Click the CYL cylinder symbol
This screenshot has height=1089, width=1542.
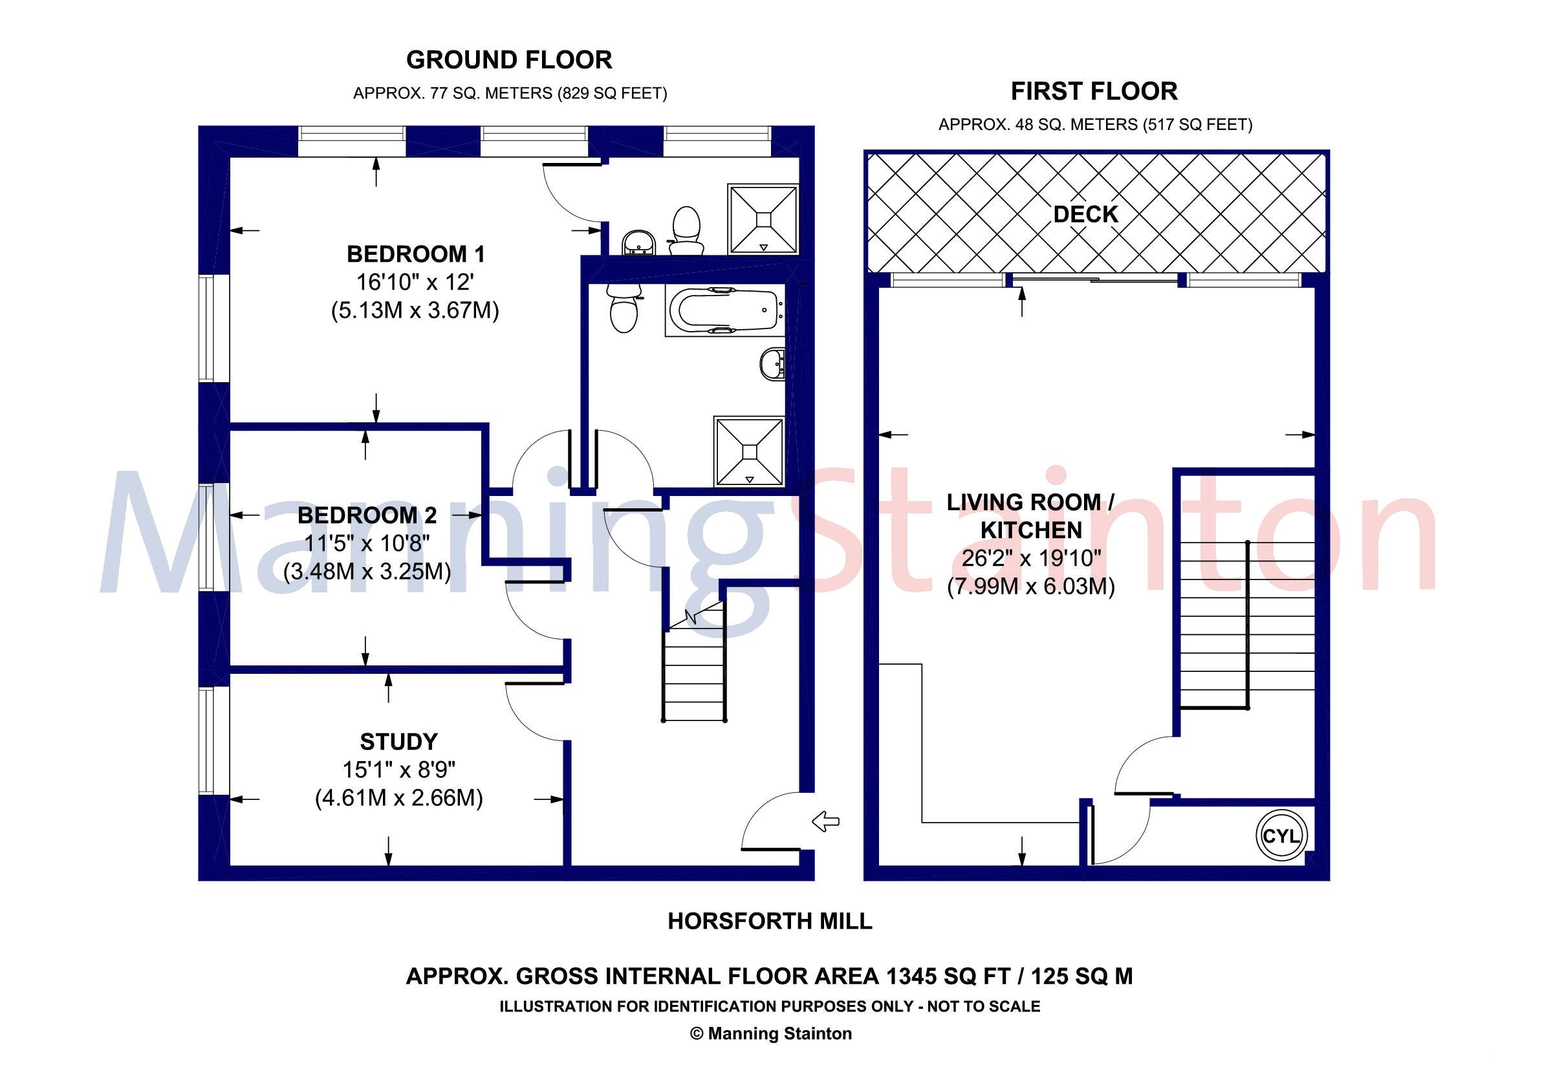pos(1281,836)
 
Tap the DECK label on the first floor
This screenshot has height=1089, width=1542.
pos(1085,214)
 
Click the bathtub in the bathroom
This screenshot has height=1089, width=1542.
pos(724,311)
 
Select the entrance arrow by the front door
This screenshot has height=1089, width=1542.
pos(825,821)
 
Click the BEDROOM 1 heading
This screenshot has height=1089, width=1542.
pos(415,253)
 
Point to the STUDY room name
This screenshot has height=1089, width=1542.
pos(398,741)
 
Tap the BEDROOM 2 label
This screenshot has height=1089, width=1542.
pos(367,515)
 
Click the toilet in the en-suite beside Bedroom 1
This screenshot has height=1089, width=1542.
pos(686,230)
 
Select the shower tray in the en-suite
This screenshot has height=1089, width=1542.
pos(765,219)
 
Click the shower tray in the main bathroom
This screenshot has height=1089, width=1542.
pos(750,451)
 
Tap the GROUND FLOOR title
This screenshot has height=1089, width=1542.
pos(509,60)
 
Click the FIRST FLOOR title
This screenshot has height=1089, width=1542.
pos(1094,91)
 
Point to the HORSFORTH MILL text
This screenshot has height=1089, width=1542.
pos(770,920)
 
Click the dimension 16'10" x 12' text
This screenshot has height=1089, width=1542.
pos(415,282)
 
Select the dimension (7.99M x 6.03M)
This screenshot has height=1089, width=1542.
pos(1030,587)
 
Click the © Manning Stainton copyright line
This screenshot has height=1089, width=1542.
pos(770,1033)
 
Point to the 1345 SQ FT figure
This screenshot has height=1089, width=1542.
pos(948,976)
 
